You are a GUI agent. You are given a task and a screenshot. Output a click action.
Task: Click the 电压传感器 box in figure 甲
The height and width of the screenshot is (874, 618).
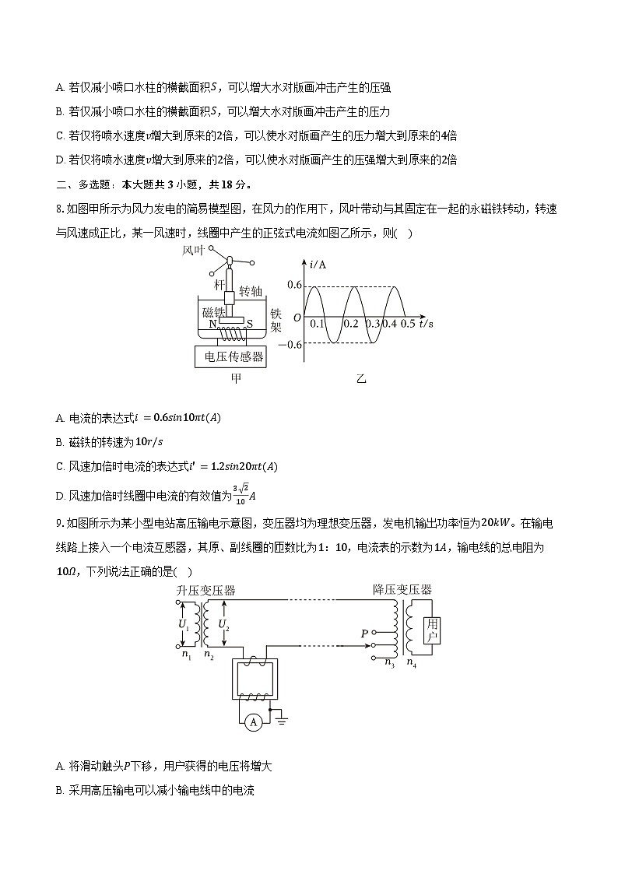(234, 357)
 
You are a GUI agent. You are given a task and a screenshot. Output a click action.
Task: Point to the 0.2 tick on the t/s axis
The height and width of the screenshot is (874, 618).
(350, 324)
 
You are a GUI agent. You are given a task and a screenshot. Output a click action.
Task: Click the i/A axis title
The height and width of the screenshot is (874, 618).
(318, 265)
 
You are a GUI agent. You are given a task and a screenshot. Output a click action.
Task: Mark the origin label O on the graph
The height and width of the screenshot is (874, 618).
(297, 318)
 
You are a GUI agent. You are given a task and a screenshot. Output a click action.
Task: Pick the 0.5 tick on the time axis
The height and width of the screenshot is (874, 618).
(408, 324)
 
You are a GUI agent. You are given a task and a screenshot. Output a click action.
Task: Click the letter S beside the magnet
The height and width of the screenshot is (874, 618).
(250, 323)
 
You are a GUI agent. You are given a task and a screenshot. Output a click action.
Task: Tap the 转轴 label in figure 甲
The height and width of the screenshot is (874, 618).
(251, 290)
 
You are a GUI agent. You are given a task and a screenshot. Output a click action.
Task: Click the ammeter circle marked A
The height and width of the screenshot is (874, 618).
(252, 723)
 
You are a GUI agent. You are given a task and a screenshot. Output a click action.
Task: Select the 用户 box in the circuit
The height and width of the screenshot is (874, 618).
(433, 630)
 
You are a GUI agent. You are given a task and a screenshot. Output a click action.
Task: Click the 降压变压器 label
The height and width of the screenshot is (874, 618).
(402, 589)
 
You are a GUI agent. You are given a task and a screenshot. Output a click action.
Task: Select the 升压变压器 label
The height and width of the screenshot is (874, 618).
(205, 590)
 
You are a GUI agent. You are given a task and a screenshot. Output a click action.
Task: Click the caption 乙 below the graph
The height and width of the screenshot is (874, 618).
(360, 379)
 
